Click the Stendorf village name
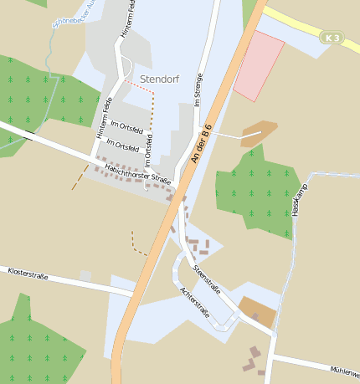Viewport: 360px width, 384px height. pyautogui.click(x=161, y=79)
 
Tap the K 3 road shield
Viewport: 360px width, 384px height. pyautogui.click(x=332, y=38)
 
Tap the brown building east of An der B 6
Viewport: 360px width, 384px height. pyautogui.click(x=259, y=134)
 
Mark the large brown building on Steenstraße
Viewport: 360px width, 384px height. pyautogui.click(x=258, y=312)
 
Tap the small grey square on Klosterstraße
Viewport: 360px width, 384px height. pyautogui.click(x=85, y=275)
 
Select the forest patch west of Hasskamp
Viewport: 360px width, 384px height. pyautogui.click(x=255, y=192)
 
